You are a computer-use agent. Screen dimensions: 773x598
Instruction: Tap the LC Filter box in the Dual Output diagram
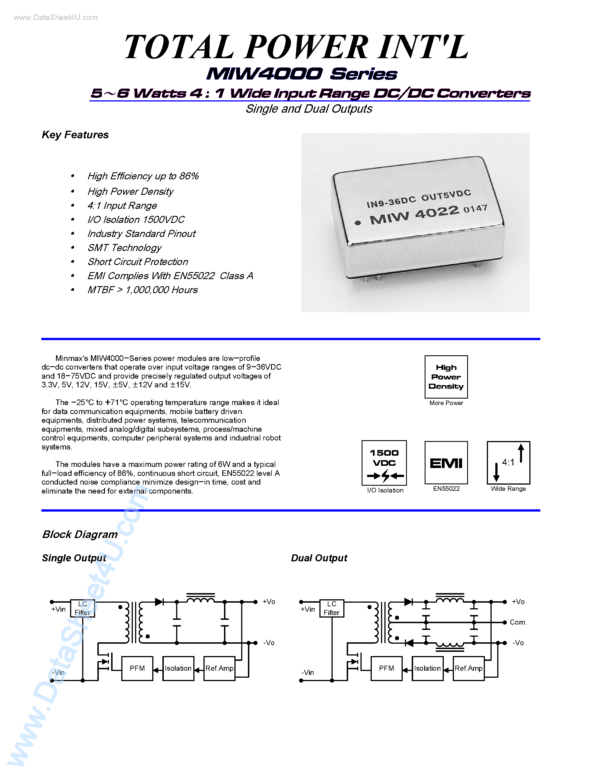pos(332,608)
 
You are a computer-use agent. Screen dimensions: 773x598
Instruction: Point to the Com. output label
pos(518,622)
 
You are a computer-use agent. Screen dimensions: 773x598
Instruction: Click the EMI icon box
pos(446,463)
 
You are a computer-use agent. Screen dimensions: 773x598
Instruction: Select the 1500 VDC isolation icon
pos(384,463)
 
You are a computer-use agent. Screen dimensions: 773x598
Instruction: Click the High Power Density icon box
pos(446,377)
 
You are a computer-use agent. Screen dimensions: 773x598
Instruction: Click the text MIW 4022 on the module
pos(414,215)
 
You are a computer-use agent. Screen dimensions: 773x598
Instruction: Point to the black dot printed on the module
pos(358,223)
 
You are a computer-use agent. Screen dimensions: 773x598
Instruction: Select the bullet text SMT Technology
pos(124,248)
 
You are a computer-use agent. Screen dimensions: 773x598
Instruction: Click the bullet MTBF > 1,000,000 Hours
pos(142,290)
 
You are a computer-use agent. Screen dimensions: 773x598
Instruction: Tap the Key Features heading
pos(75,135)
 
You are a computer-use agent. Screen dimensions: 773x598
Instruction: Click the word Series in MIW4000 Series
pos(364,74)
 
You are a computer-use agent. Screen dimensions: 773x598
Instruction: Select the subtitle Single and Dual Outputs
pos(308,109)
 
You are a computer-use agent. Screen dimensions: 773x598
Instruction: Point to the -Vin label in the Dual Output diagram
pos(308,672)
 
